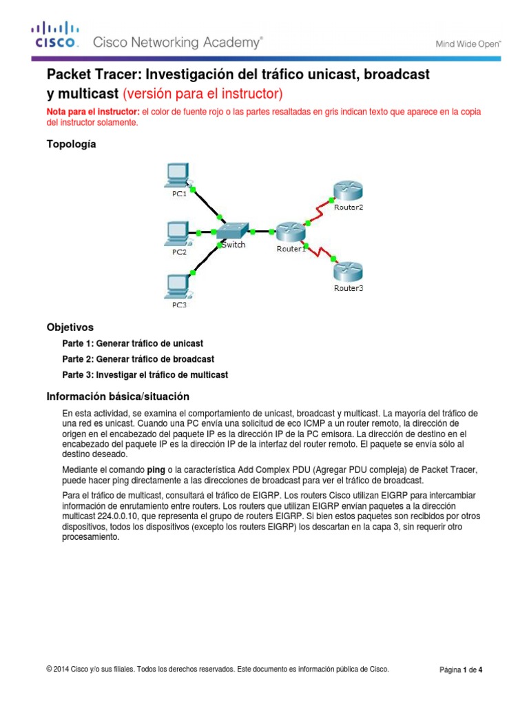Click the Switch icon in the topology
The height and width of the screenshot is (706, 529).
(234, 231)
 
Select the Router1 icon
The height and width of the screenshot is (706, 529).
(290, 232)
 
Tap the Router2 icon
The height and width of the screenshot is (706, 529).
(348, 190)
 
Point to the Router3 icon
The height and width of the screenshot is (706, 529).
(348, 271)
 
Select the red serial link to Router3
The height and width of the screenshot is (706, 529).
(318, 250)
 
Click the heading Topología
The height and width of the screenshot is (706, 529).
(71, 144)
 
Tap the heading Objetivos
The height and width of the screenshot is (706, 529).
(70, 327)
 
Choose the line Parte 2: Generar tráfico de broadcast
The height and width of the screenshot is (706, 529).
(138, 359)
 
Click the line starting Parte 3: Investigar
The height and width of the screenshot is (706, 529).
(145, 375)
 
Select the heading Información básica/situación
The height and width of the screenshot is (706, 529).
(117, 396)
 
